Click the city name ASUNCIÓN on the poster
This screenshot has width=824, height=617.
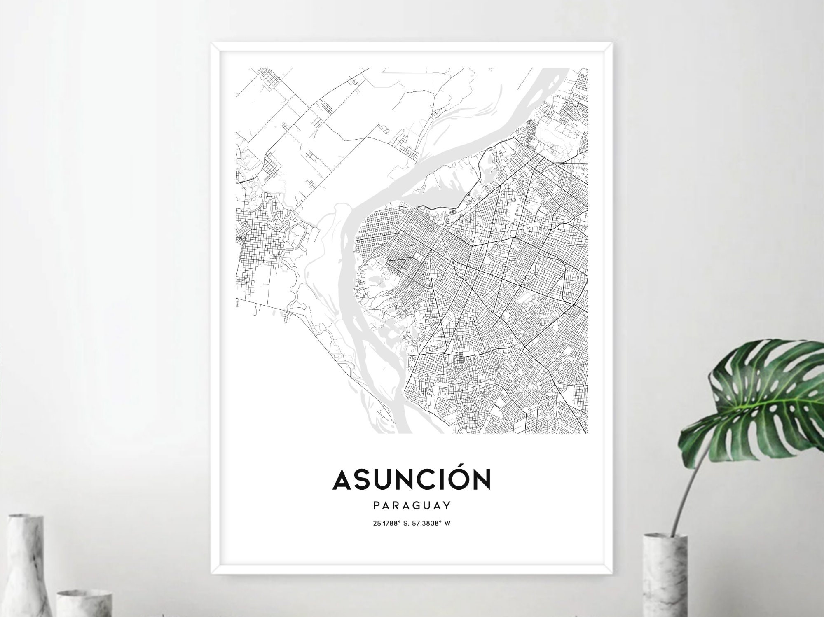pyautogui.click(x=412, y=479)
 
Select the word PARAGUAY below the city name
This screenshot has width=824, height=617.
pyautogui.click(x=412, y=505)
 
